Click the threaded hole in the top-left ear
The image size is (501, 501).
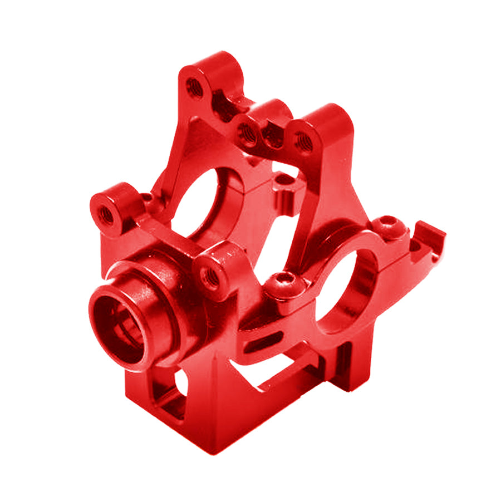[194, 87]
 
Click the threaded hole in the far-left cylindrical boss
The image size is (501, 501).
[105, 214]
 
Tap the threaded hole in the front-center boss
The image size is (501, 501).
[210, 277]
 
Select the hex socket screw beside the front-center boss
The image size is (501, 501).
[277, 284]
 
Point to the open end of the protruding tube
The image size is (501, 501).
[119, 328]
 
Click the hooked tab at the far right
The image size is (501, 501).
[431, 234]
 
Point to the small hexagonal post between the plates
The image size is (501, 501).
[287, 195]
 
